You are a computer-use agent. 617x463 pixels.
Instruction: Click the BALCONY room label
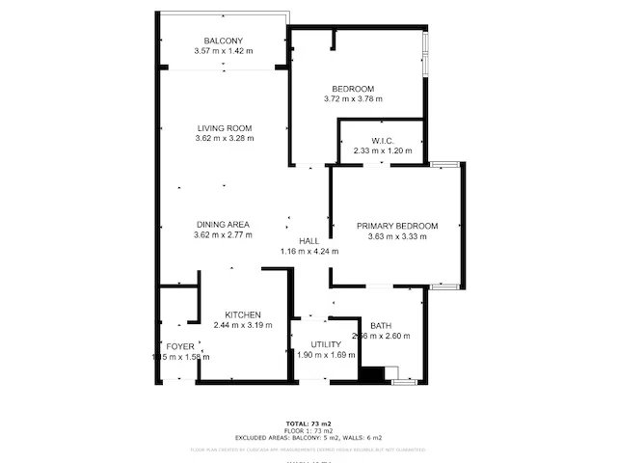(x=224, y=41)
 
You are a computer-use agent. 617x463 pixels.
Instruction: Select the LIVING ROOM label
(x=224, y=128)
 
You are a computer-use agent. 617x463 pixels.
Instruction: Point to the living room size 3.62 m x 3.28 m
(x=224, y=138)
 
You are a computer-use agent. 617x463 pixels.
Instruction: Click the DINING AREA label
(x=223, y=225)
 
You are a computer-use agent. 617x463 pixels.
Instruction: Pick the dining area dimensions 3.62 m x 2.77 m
(x=223, y=234)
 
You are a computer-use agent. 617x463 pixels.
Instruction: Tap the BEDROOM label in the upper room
(x=353, y=88)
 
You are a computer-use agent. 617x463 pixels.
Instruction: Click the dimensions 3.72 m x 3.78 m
(x=353, y=98)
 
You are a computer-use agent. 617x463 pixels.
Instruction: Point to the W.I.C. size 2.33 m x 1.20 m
(x=383, y=150)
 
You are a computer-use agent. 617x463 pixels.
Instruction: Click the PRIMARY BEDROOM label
(x=397, y=226)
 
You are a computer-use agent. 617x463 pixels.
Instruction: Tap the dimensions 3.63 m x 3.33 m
(x=397, y=235)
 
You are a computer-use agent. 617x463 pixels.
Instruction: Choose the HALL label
(x=308, y=241)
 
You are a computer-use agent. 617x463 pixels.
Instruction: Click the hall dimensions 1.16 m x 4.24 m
(x=308, y=252)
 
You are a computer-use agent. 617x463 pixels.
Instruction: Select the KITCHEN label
(x=243, y=315)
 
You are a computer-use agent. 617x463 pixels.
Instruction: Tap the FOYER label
(x=180, y=346)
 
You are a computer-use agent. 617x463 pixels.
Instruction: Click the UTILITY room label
(x=325, y=344)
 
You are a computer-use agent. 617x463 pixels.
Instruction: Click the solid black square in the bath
(x=371, y=375)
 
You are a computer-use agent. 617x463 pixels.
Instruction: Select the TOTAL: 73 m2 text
(x=308, y=423)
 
